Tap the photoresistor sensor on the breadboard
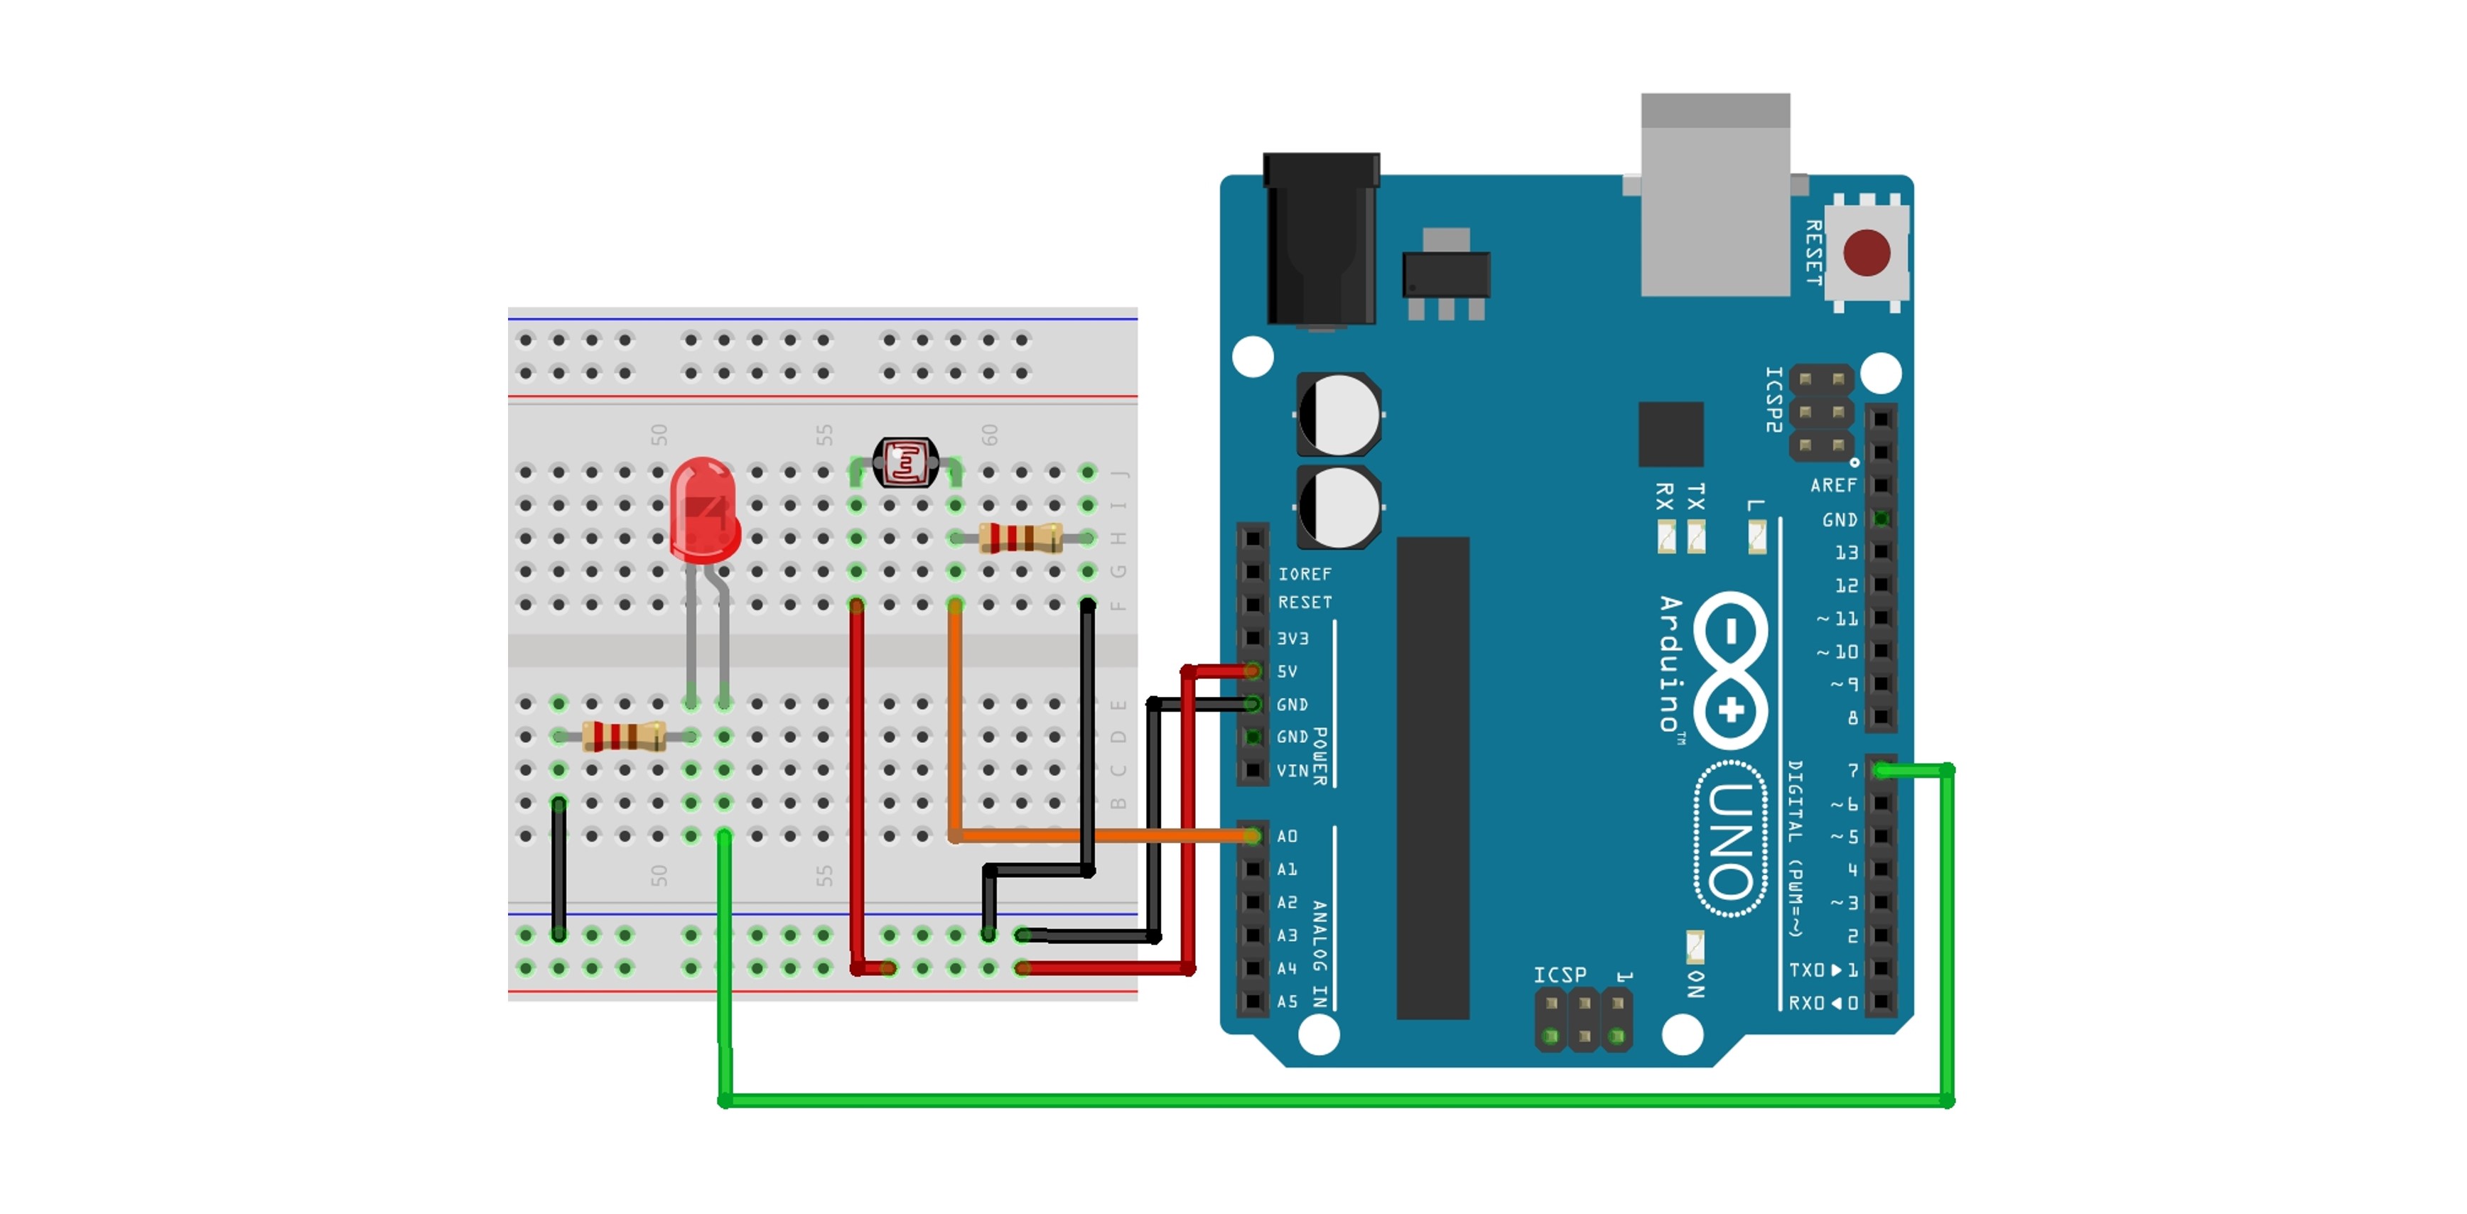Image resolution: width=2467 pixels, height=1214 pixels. click(905, 463)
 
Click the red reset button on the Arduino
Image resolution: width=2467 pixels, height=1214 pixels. click(1866, 253)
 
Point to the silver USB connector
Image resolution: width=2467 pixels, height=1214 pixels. click(1715, 196)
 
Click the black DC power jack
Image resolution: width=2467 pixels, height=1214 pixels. click(1321, 239)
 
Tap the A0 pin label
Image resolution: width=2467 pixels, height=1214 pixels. click(1287, 837)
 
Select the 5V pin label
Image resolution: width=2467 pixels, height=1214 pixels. click(1287, 671)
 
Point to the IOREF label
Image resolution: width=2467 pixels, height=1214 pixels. click(1305, 573)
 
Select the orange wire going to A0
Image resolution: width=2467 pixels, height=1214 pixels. click(1101, 836)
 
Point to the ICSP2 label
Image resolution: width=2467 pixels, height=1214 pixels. click(1774, 399)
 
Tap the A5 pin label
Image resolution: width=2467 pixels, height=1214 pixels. click(1287, 1002)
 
